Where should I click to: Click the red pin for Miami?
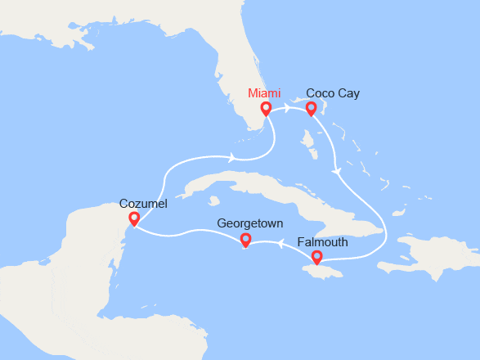tap(266, 109)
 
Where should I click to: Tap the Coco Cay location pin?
tap(311, 109)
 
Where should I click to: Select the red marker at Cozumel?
tap(133, 218)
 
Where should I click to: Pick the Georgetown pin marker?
tap(244, 240)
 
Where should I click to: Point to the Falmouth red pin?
tap(316, 259)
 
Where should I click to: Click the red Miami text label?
tap(266, 93)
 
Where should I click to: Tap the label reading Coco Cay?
tap(332, 93)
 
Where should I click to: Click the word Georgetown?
tap(250, 223)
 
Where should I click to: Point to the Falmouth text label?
tap(323, 243)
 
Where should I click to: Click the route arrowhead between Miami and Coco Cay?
tap(288, 108)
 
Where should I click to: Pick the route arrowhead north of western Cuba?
tap(234, 157)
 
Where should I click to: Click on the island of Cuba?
tap(278, 192)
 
